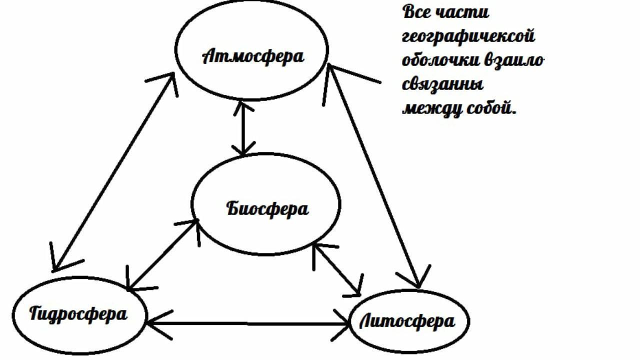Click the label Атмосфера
tap(253, 56)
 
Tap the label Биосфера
tap(267, 208)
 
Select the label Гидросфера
tap(78, 314)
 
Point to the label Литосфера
tap(407, 321)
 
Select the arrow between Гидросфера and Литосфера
tap(248, 324)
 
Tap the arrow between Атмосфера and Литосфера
tap(373, 175)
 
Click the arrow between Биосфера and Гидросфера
tap(161, 255)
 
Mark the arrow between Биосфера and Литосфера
tap(336, 268)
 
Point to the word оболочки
tap(440, 60)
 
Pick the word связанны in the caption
tap(442, 83)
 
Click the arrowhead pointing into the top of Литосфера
tap(417, 280)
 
